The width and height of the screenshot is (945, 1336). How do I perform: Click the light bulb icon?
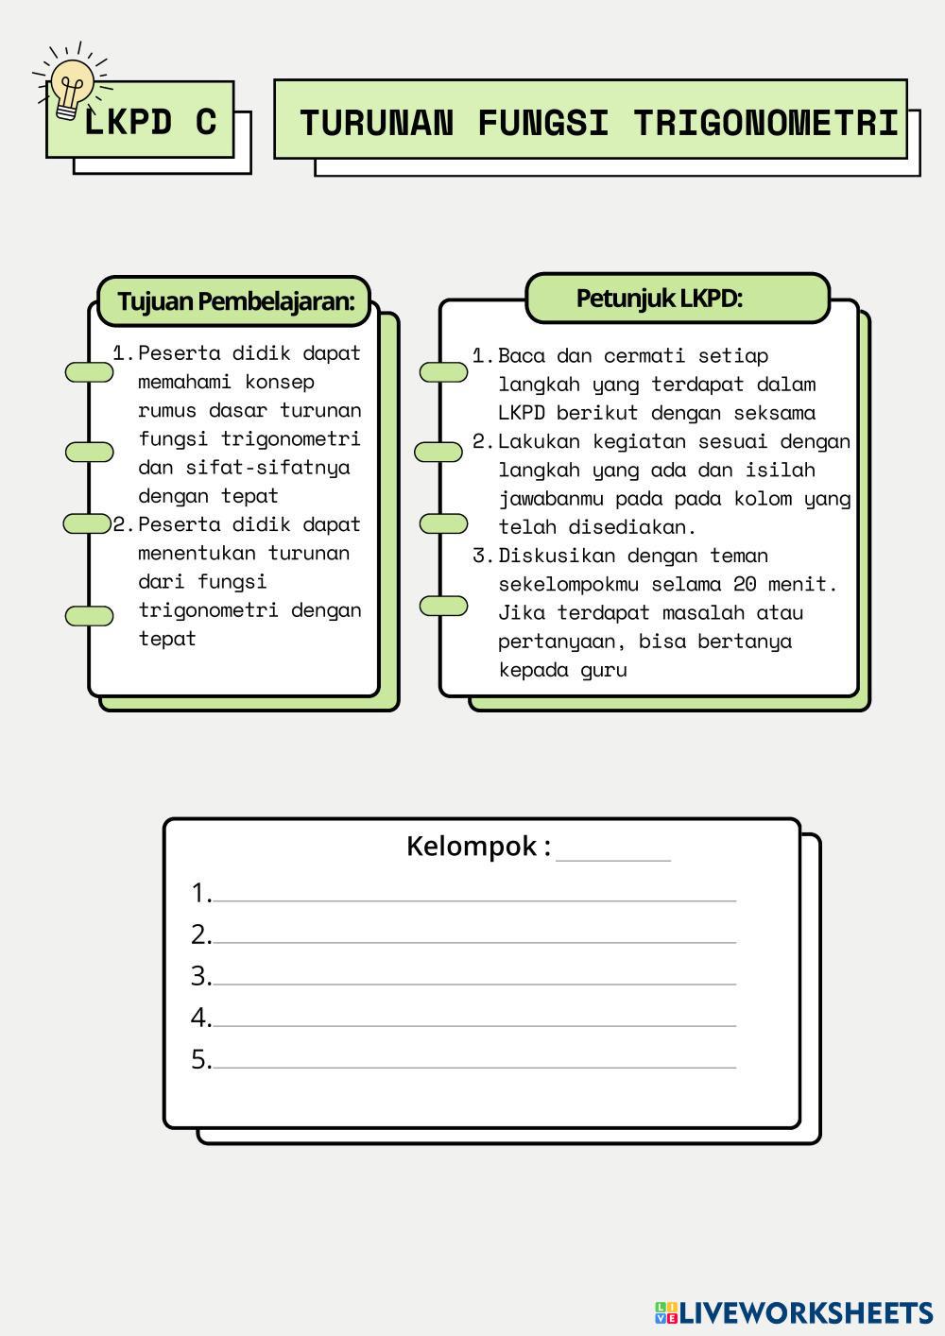pyautogui.click(x=71, y=87)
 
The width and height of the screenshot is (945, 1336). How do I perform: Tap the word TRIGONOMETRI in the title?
pyautogui.click(x=765, y=123)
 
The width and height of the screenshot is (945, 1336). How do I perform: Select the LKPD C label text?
pyautogui.click(x=150, y=122)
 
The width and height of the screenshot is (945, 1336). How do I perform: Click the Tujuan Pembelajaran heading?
pyautogui.click(x=235, y=301)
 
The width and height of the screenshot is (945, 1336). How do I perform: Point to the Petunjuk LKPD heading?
pyautogui.click(x=659, y=299)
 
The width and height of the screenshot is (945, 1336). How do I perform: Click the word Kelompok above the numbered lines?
pyautogui.click(x=472, y=846)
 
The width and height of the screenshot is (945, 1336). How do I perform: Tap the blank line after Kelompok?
pyautogui.click(x=613, y=853)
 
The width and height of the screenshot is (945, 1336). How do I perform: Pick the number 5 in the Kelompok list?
pyautogui.click(x=199, y=1059)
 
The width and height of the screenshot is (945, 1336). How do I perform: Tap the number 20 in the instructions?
pyautogui.click(x=745, y=584)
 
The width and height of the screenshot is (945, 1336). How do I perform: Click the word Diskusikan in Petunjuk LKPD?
pyautogui.click(x=557, y=556)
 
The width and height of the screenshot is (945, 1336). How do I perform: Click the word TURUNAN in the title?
pyautogui.click(x=376, y=123)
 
